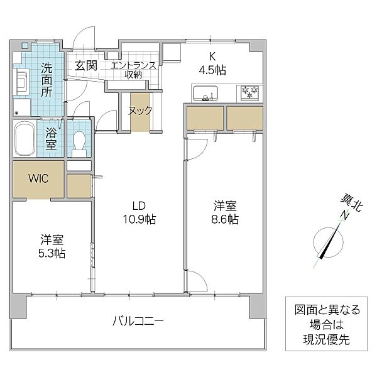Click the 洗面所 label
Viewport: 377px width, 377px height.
[x=47, y=79]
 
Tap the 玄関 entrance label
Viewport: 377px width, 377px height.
[x=87, y=65]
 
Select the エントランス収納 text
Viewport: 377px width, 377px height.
[x=133, y=70]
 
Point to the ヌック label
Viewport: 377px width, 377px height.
[x=140, y=111]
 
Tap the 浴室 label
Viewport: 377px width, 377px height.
[x=50, y=138]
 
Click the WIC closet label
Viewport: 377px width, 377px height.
[x=38, y=178]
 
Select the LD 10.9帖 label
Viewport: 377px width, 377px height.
[x=139, y=212]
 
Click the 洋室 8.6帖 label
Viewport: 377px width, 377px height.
[x=225, y=212]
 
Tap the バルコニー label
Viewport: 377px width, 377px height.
[x=138, y=321]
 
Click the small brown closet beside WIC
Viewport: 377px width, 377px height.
[x=79, y=185]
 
